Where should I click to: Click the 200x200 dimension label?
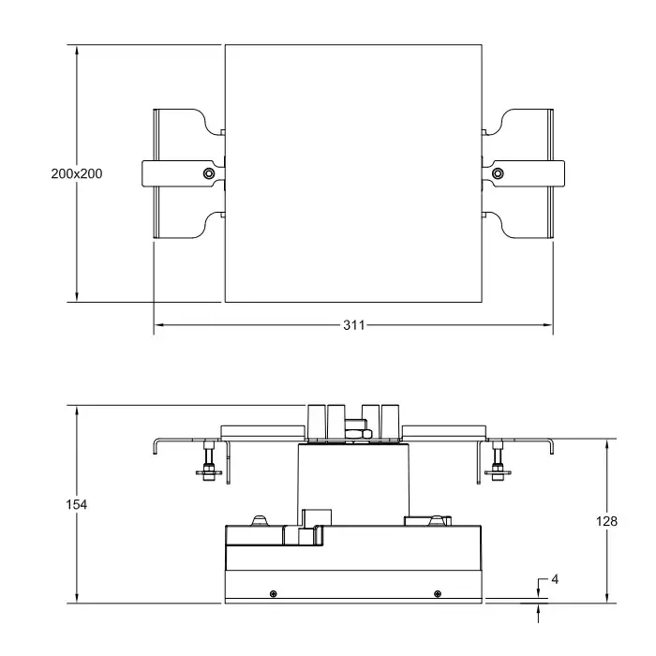pos(77,173)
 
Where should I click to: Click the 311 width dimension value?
pos(354,325)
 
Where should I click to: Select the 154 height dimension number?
pos(77,504)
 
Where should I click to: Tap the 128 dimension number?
pos(606,521)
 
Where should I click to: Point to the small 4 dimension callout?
pos(555,579)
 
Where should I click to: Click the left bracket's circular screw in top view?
pos(208,173)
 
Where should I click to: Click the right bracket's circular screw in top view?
pos(498,173)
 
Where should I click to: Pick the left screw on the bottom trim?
pos(274,593)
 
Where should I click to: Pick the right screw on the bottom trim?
pos(438,593)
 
